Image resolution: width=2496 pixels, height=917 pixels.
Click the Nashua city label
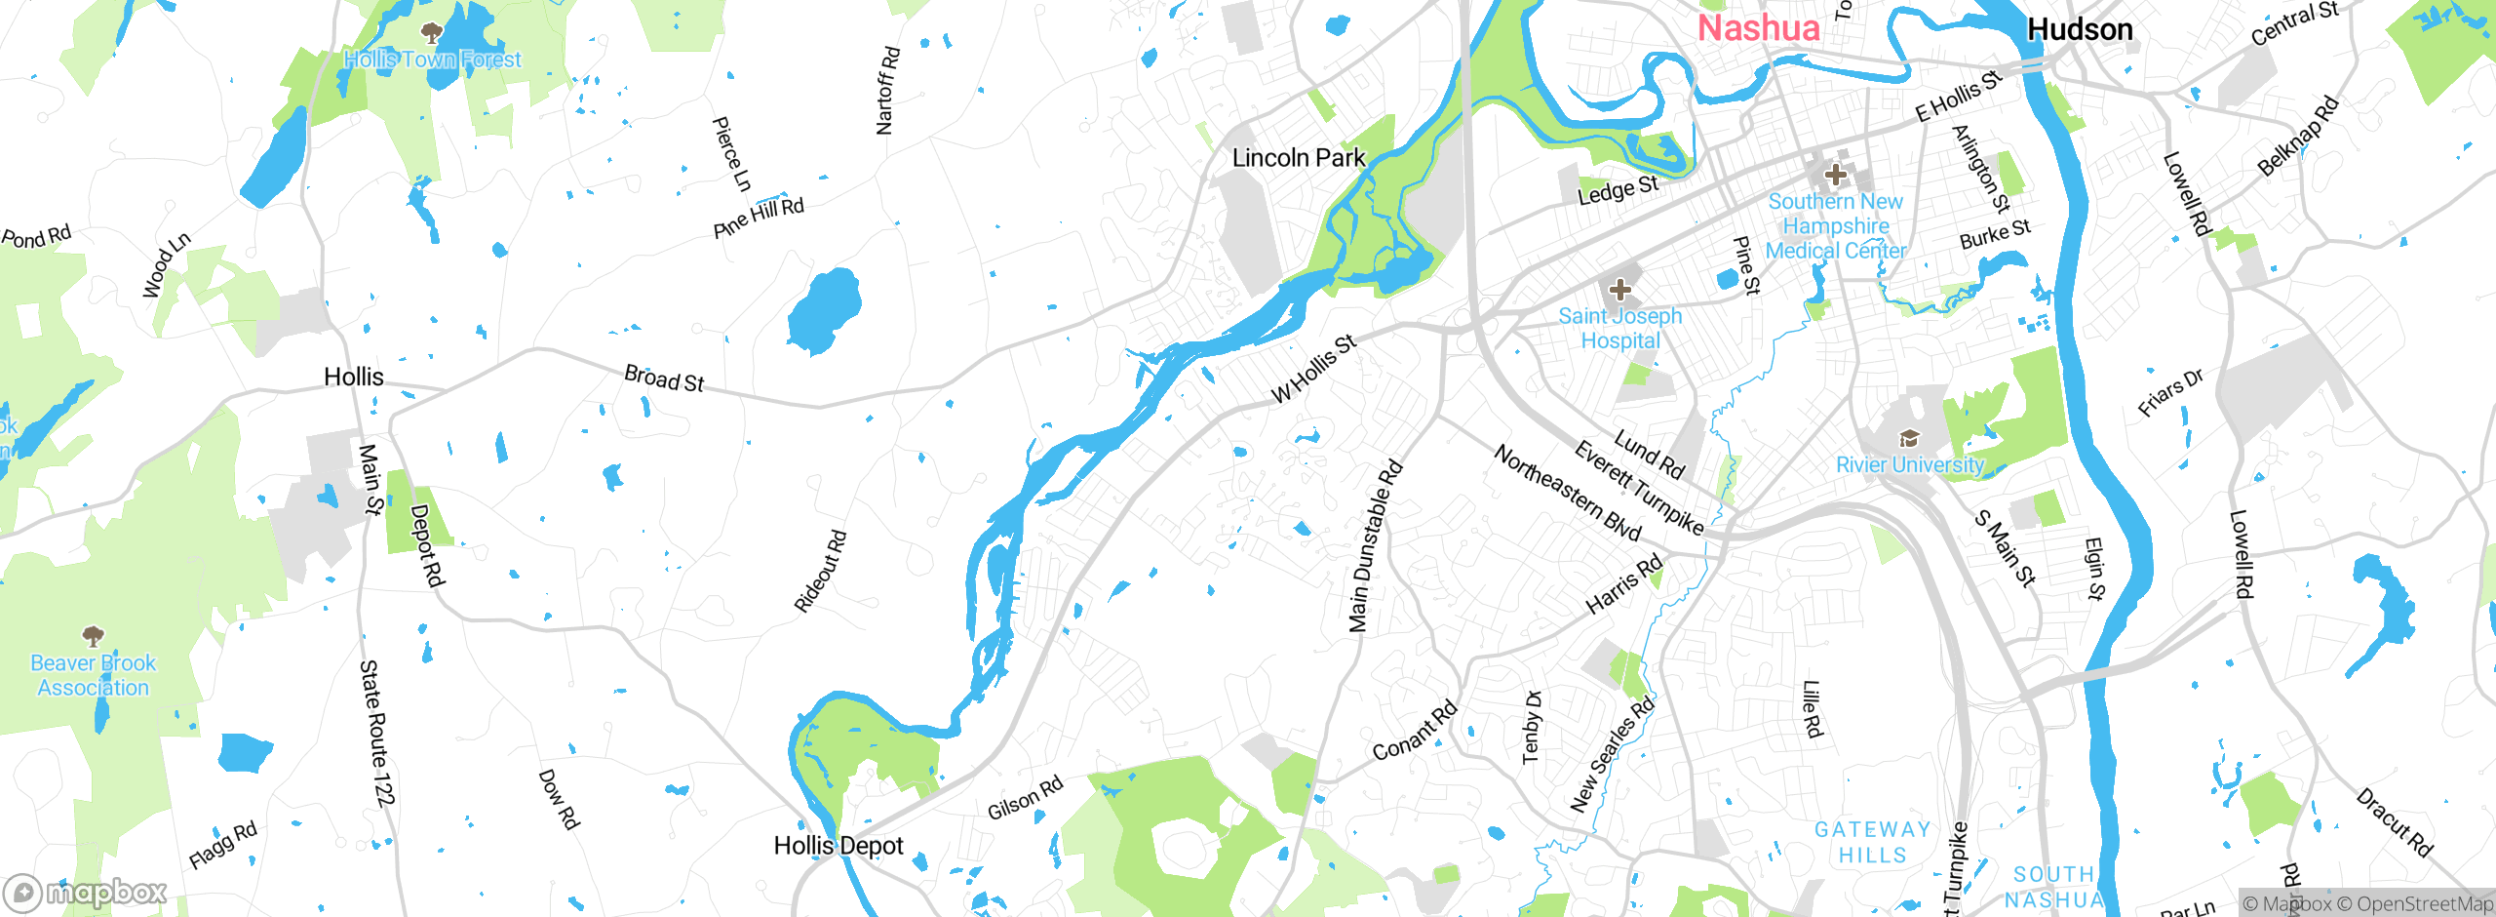pos(1758,28)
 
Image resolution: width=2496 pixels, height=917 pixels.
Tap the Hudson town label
pos(2080,30)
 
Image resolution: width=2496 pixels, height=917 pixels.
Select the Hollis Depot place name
pos(838,846)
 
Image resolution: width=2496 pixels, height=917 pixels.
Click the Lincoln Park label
pos(1298,158)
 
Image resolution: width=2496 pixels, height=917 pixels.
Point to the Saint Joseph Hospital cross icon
pos(1619,290)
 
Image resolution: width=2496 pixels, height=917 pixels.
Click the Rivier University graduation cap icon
pos(1909,439)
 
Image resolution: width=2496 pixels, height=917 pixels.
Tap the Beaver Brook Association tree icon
pos(94,637)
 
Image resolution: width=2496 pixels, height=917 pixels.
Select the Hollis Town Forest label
pos(433,60)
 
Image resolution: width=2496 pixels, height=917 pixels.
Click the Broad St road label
pos(664,379)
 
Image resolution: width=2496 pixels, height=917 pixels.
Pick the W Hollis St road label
pos(1314,369)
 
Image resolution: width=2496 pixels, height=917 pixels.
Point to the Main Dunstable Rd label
pos(1375,546)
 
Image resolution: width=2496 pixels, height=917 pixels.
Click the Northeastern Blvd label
pos(1568,493)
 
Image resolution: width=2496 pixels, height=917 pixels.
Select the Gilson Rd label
pos(1025,799)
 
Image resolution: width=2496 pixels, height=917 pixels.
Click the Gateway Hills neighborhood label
pos(1872,842)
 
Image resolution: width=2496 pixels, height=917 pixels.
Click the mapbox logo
pos(86,893)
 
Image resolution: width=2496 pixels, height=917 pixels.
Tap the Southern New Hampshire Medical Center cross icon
pos(1835,176)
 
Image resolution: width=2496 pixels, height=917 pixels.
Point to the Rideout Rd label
pos(820,572)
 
